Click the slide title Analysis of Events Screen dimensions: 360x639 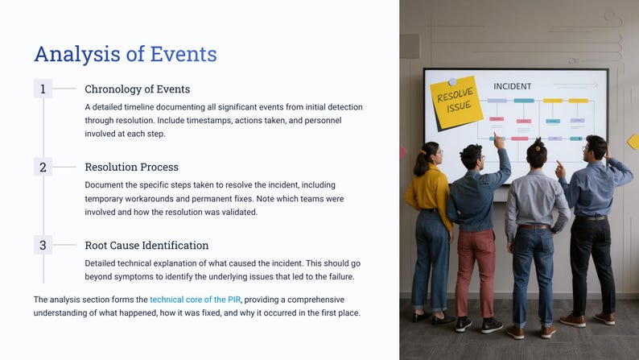point(125,54)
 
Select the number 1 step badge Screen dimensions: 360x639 point(43,89)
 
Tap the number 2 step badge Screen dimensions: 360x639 point(43,168)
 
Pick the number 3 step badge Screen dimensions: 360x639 point(43,245)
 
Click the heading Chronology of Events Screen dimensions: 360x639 point(137,89)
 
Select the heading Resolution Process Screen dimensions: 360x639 point(131,168)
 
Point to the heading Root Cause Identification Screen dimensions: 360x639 point(146,245)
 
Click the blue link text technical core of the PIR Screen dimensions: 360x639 point(196,300)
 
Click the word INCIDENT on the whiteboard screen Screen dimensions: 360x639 point(512,86)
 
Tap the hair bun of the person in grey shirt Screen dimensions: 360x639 point(535,143)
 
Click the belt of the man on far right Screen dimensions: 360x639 point(591,217)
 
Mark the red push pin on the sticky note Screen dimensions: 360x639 point(451,80)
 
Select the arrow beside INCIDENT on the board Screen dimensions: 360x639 point(579,85)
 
